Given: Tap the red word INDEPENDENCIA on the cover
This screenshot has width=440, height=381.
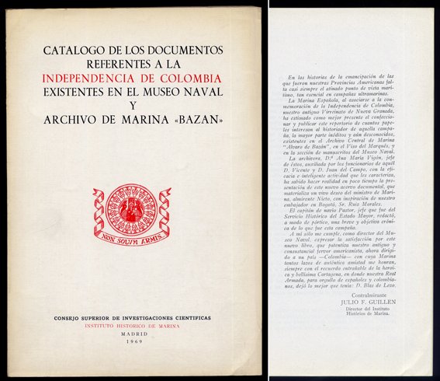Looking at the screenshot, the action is coord(91,79).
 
